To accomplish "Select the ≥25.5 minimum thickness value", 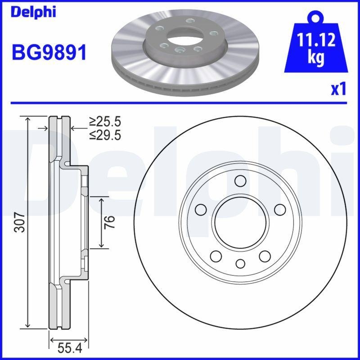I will (105, 121).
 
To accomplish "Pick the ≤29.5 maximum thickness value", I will (105, 135).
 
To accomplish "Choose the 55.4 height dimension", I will (70, 347).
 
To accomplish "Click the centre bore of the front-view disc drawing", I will (240, 222).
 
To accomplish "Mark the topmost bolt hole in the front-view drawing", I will (240, 181).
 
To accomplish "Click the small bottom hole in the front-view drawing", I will (240, 264).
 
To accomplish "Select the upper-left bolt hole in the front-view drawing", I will (201, 210).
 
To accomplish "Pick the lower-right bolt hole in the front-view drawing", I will (265, 256).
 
